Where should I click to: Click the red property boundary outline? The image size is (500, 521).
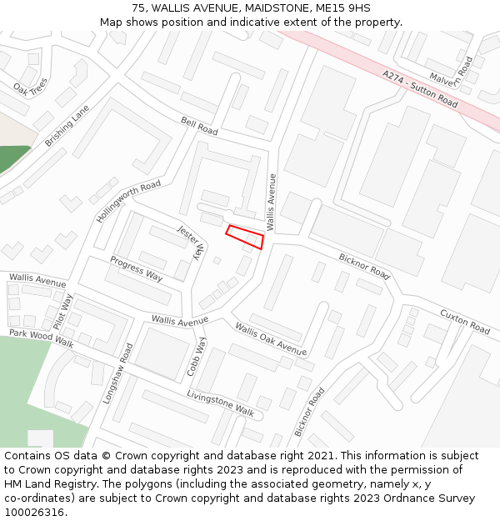click(x=245, y=237)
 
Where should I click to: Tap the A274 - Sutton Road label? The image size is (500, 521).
click(x=420, y=89)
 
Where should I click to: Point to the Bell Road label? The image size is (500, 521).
click(x=199, y=127)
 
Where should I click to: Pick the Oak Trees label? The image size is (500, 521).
click(x=30, y=86)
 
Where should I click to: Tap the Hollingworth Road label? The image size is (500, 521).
click(x=127, y=201)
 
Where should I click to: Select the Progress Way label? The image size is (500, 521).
click(x=137, y=269)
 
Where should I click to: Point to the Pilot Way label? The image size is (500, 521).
click(x=63, y=311)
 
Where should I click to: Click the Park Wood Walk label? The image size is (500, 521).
click(x=41, y=338)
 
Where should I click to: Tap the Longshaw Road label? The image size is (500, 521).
click(x=117, y=373)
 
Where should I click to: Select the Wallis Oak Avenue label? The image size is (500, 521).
click(x=270, y=338)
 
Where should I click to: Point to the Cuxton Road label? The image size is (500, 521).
click(x=464, y=322)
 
